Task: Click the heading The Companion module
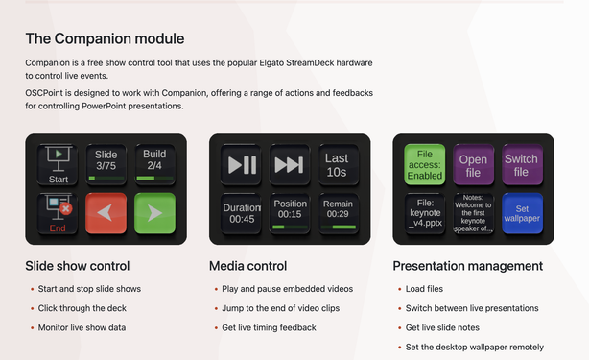click(105, 38)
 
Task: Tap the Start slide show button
click(59, 164)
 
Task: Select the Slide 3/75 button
click(106, 164)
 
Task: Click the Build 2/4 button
click(153, 164)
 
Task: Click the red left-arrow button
click(106, 211)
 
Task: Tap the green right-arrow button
click(153, 211)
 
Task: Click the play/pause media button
click(242, 164)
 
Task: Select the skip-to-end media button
click(289, 164)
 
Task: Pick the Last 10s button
click(337, 164)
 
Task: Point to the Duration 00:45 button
click(242, 211)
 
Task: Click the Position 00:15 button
click(289, 211)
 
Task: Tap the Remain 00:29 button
click(337, 211)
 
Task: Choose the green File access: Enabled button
click(425, 164)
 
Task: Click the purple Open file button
click(473, 164)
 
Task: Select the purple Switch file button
click(521, 164)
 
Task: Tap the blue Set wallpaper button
click(521, 211)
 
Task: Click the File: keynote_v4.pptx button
click(425, 211)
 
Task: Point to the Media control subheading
click(253, 265)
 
